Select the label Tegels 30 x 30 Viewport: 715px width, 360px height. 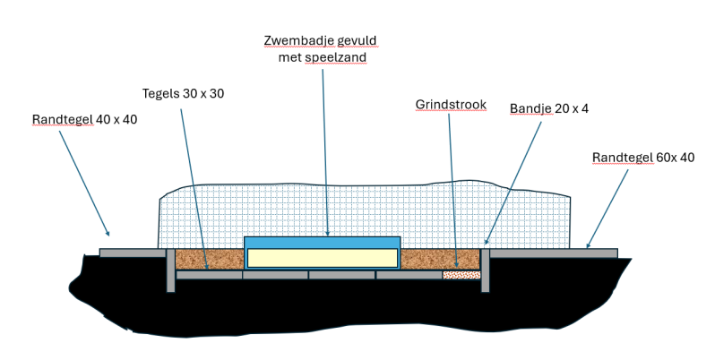(x=184, y=93)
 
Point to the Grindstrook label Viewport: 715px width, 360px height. (x=451, y=105)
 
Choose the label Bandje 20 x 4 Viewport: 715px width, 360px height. (x=548, y=108)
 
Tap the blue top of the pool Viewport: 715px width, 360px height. (x=322, y=243)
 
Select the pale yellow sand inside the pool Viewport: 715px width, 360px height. (x=322, y=258)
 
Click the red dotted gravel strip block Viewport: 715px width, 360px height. (x=461, y=274)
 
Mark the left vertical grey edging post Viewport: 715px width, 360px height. (x=170, y=269)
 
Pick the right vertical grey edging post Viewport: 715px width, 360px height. (x=485, y=269)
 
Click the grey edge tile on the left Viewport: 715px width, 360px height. (x=132, y=253)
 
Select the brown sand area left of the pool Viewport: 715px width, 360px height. (x=209, y=259)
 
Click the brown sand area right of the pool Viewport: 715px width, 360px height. (x=439, y=259)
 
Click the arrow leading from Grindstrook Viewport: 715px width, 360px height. (x=455, y=188)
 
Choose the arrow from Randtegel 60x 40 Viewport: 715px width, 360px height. (x=606, y=208)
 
